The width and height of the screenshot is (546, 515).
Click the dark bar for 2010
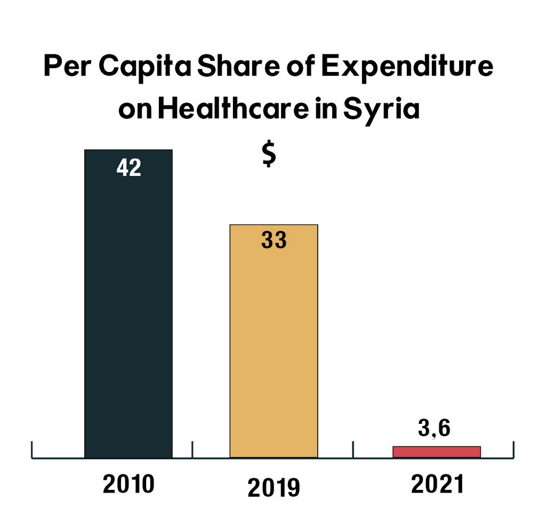tap(129, 304)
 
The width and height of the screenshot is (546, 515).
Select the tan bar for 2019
tap(274, 341)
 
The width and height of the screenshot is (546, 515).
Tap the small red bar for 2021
tap(437, 452)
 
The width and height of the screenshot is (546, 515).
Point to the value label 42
tap(129, 168)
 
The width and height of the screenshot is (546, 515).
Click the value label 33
tap(274, 240)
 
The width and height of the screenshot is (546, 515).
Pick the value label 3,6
tap(434, 428)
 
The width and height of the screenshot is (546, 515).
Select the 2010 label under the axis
tap(129, 484)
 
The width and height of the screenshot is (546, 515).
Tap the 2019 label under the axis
tap(274, 488)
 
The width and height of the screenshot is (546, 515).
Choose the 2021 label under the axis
tap(437, 484)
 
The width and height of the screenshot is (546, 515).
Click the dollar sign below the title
tap(269, 154)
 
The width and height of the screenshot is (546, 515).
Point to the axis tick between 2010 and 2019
tap(192, 450)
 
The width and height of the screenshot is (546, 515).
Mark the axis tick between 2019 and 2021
tap(353, 450)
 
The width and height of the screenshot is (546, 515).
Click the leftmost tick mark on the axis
tap(32, 450)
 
